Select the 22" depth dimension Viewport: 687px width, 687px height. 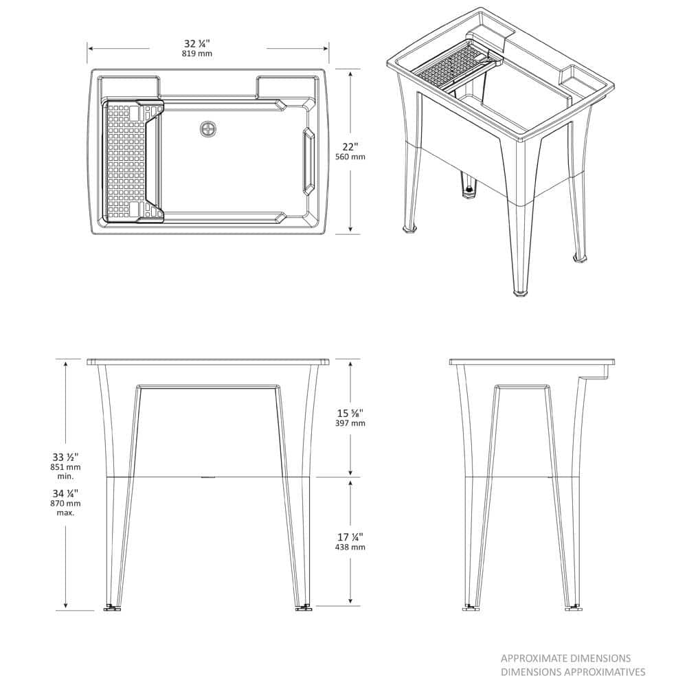click(350, 146)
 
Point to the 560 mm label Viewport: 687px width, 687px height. click(350, 157)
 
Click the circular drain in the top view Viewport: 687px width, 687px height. click(208, 128)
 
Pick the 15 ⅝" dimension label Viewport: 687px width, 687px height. click(350, 413)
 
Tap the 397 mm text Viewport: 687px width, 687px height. click(350, 424)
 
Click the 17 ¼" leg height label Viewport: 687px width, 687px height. click(350, 537)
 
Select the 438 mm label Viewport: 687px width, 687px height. click(350, 548)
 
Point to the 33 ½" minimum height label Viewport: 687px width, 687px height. click(65, 457)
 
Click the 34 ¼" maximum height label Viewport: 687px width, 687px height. click(65, 493)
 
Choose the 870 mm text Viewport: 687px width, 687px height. click(65, 504)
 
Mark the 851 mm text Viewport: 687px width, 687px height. click(65, 467)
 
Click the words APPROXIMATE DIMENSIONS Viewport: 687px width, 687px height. click(565, 658)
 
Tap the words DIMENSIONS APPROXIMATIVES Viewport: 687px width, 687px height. click(573, 672)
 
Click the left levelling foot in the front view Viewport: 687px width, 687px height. click(111, 607)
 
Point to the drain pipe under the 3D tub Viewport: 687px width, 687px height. click(469, 187)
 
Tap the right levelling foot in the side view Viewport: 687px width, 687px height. click(572, 607)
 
